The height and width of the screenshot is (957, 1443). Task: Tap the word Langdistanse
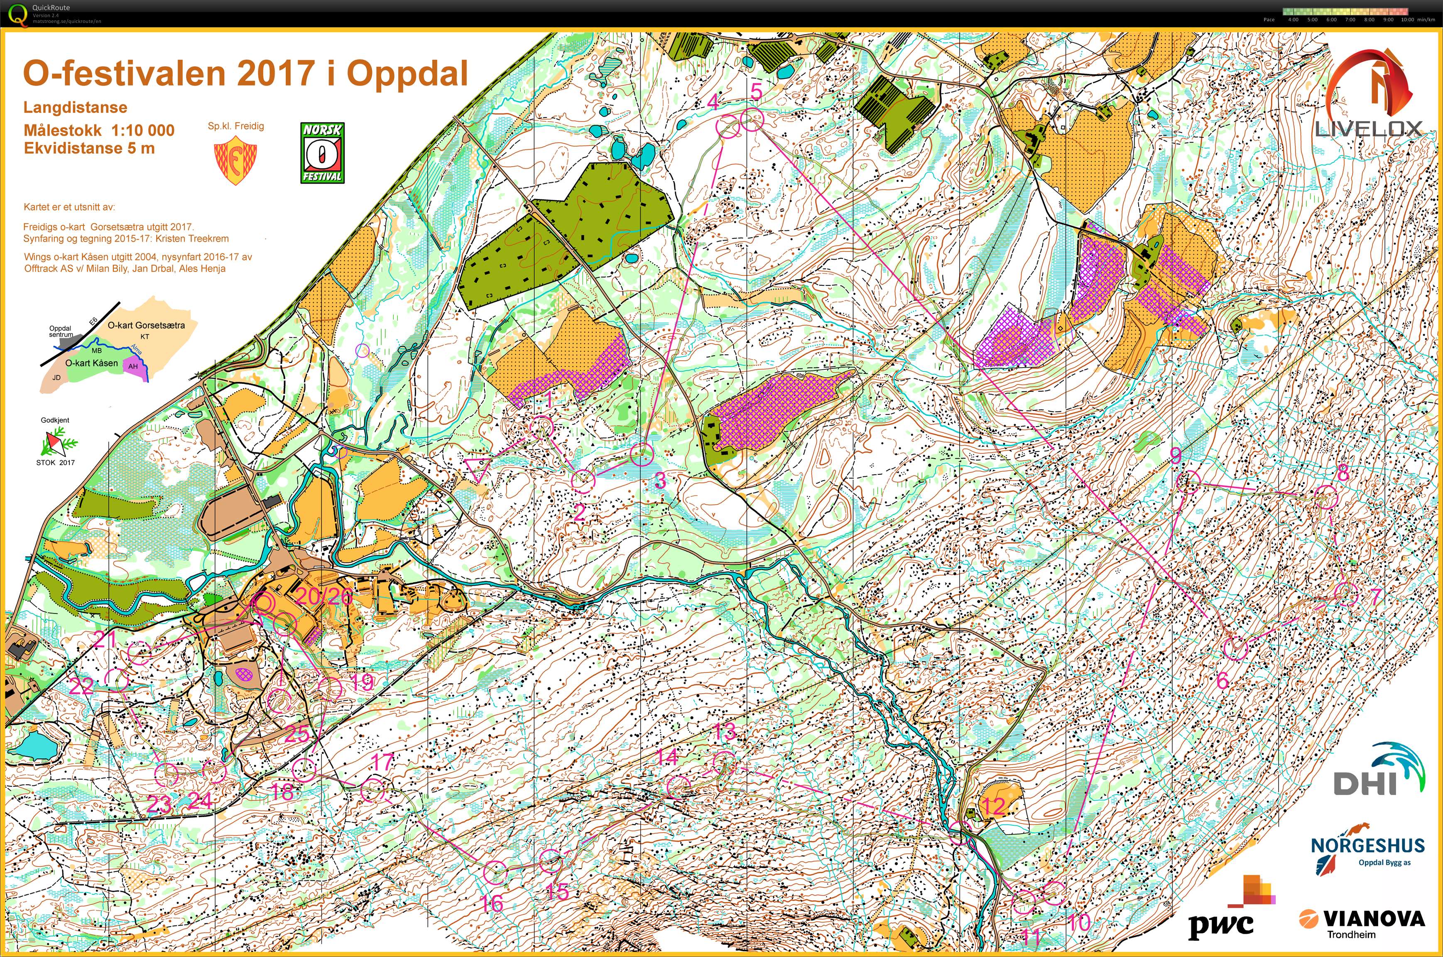[x=75, y=108]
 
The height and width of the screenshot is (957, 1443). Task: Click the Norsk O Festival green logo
[x=322, y=152]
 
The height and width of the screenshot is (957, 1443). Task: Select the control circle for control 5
[x=753, y=119]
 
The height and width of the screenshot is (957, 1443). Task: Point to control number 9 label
[x=1175, y=455]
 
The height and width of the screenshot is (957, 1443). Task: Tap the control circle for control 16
[x=495, y=872]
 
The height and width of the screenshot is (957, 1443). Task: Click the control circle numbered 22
[x=117, y=679]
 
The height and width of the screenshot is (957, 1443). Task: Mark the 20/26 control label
[x=323, y=596]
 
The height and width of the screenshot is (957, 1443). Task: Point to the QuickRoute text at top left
[x=51, y=8]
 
